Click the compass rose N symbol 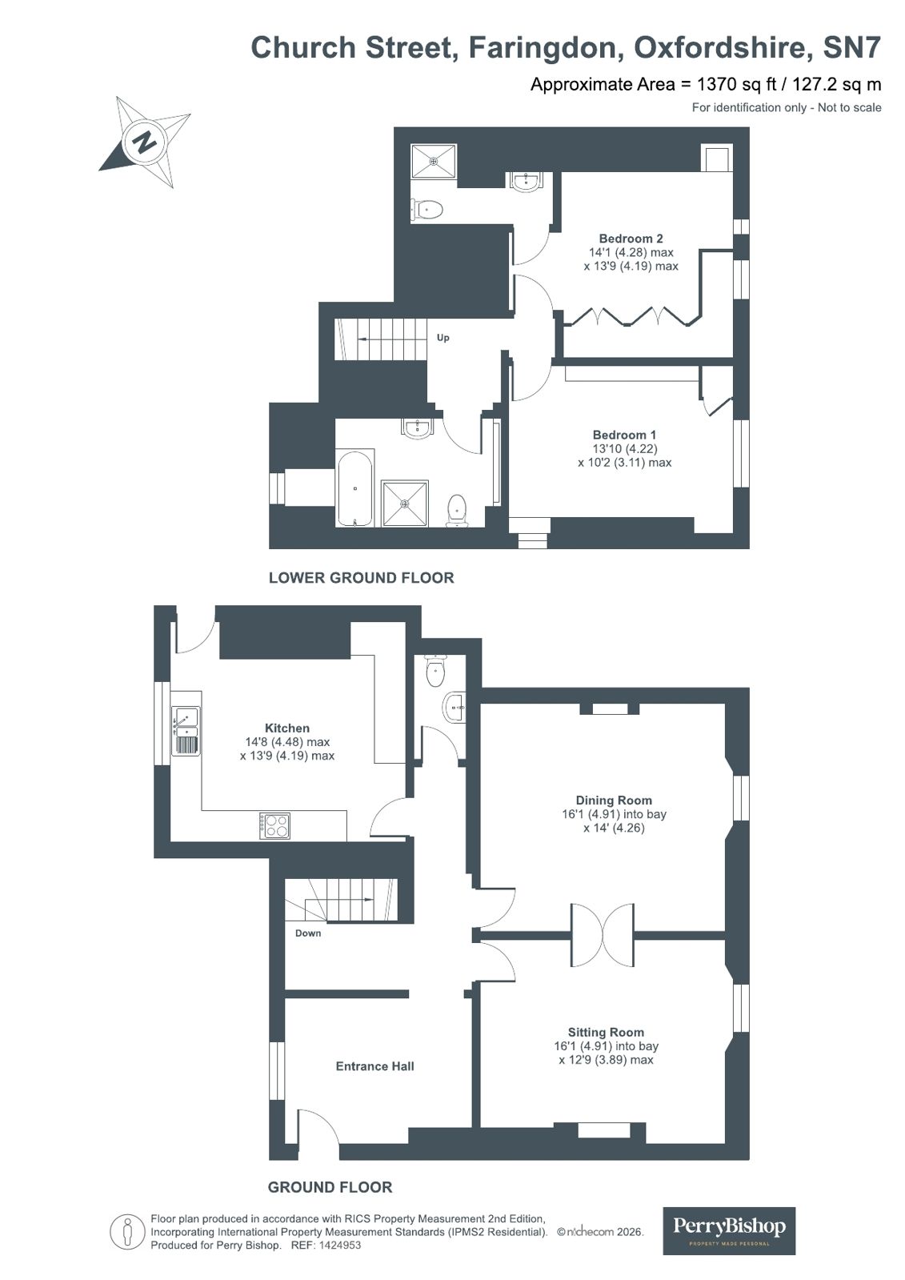145,142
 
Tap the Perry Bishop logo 729,1230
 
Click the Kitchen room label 287,728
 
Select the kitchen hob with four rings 274,825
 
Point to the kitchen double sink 186,730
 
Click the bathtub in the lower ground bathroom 354,489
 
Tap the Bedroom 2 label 631,239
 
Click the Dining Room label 614,800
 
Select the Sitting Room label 606,1032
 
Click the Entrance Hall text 374,1065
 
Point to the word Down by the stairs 308,933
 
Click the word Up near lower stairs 442,337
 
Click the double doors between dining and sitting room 602,935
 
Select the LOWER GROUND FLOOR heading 361,577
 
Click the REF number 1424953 340,1246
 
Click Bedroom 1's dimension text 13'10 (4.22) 624,449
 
